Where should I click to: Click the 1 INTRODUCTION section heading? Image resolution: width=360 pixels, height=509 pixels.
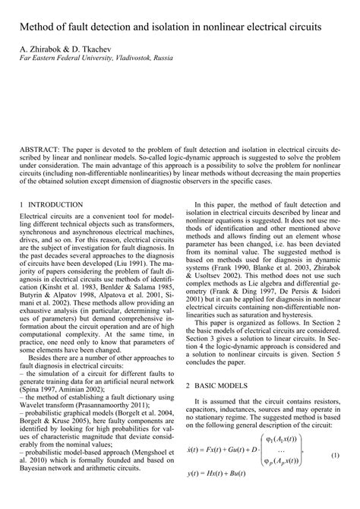50,205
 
